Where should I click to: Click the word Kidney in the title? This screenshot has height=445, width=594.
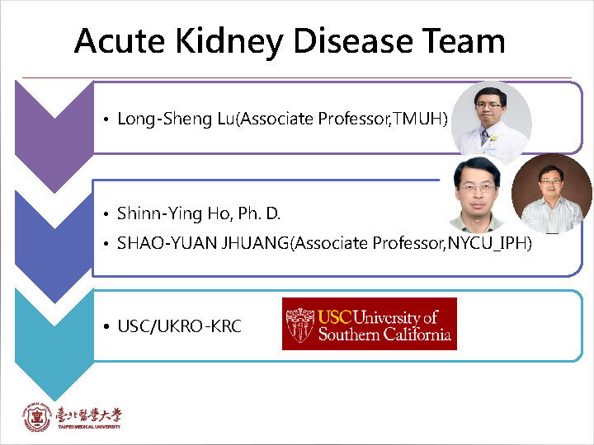click(x=229, y=42)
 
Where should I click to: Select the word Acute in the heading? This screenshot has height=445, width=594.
click(x=120, y=40)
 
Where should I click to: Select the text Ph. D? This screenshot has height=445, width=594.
click(x=260, y=213)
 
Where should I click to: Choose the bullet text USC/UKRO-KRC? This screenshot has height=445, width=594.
click(x=179, y=326)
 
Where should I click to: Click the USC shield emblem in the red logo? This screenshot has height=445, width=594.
click(x=300, y=325)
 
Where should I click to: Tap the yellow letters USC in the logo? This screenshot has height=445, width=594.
click(x=334, y=316)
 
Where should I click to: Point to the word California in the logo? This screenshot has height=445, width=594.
click(x=417, y=334)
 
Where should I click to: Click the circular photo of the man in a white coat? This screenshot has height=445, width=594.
click(x=492, y=120)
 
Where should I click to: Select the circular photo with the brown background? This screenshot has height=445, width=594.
click(x=552, y=194)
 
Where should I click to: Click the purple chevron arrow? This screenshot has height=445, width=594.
click(x=54, y=137)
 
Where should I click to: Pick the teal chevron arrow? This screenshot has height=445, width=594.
click(x=54, y=344)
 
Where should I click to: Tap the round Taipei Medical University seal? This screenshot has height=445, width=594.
click(x=37, y=417)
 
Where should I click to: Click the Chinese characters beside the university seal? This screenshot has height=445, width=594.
click(x=88, y=415)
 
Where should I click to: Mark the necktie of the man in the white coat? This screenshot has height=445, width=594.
click(x=484, y=137)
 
